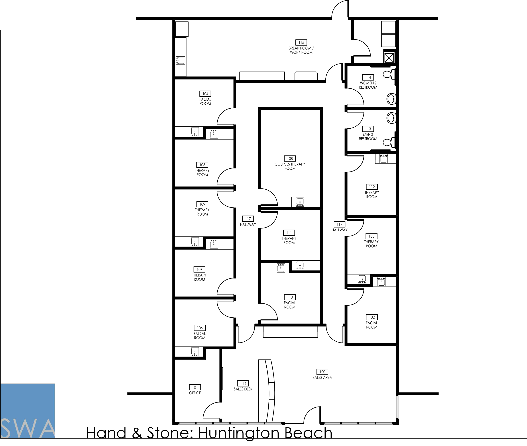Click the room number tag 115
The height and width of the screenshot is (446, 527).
[x=301, y=43]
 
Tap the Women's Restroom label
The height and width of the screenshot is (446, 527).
[x=368, y=85]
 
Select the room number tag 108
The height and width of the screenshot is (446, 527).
[x=290, y=159]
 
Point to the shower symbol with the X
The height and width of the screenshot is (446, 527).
[x=389, y=58]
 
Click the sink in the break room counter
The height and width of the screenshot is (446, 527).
[x=180, y=60]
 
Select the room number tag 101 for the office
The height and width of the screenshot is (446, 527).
[x=195, y=387]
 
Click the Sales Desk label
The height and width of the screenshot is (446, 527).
[x=243, y=389]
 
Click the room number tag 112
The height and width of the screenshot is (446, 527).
[x=372, y=187]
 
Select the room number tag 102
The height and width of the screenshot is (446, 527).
[x=372, y=317]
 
